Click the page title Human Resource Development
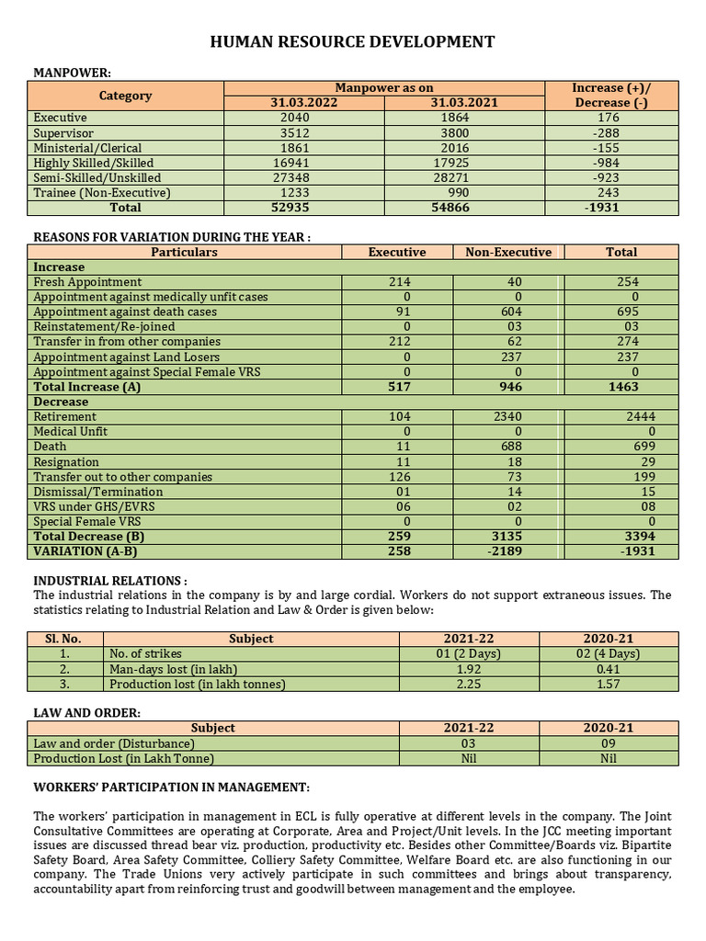353,42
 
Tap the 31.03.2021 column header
464,103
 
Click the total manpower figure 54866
464,208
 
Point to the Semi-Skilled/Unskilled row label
97,177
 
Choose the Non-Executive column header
508,252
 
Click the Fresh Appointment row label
87,282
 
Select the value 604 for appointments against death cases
508,312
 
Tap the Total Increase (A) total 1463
622,387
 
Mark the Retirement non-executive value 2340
508,417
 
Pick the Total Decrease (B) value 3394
622,537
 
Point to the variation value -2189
508,551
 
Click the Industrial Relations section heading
110,581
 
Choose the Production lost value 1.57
609,684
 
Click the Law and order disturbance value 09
609,743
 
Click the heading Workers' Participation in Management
172,788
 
